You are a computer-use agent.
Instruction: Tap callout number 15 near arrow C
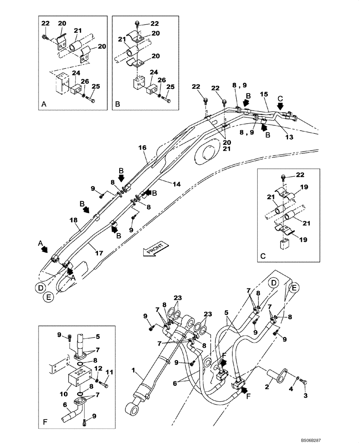click(263, 94)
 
